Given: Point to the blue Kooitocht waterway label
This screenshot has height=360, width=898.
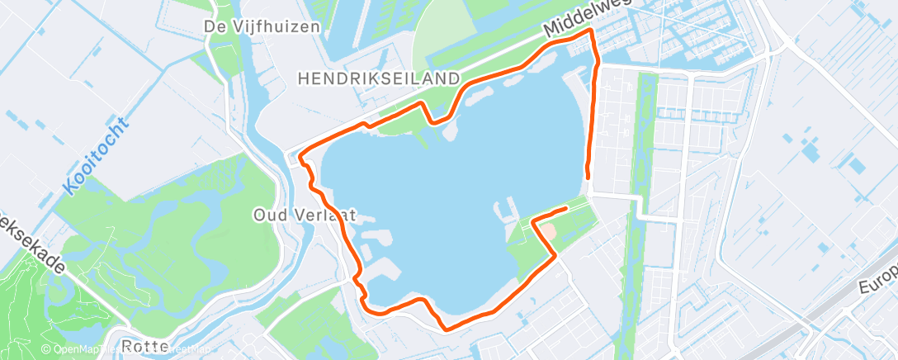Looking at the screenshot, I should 96,157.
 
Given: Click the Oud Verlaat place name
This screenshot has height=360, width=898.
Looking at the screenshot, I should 304,214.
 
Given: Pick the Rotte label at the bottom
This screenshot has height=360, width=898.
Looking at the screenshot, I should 144,345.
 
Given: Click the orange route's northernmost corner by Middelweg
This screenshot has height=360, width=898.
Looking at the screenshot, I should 591,30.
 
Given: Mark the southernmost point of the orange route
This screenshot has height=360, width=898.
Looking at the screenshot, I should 447,329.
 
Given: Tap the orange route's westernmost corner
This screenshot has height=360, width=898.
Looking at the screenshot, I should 299,154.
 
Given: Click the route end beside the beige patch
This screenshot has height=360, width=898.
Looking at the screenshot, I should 565,209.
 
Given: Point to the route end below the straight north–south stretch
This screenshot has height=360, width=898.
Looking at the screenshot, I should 588,177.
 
